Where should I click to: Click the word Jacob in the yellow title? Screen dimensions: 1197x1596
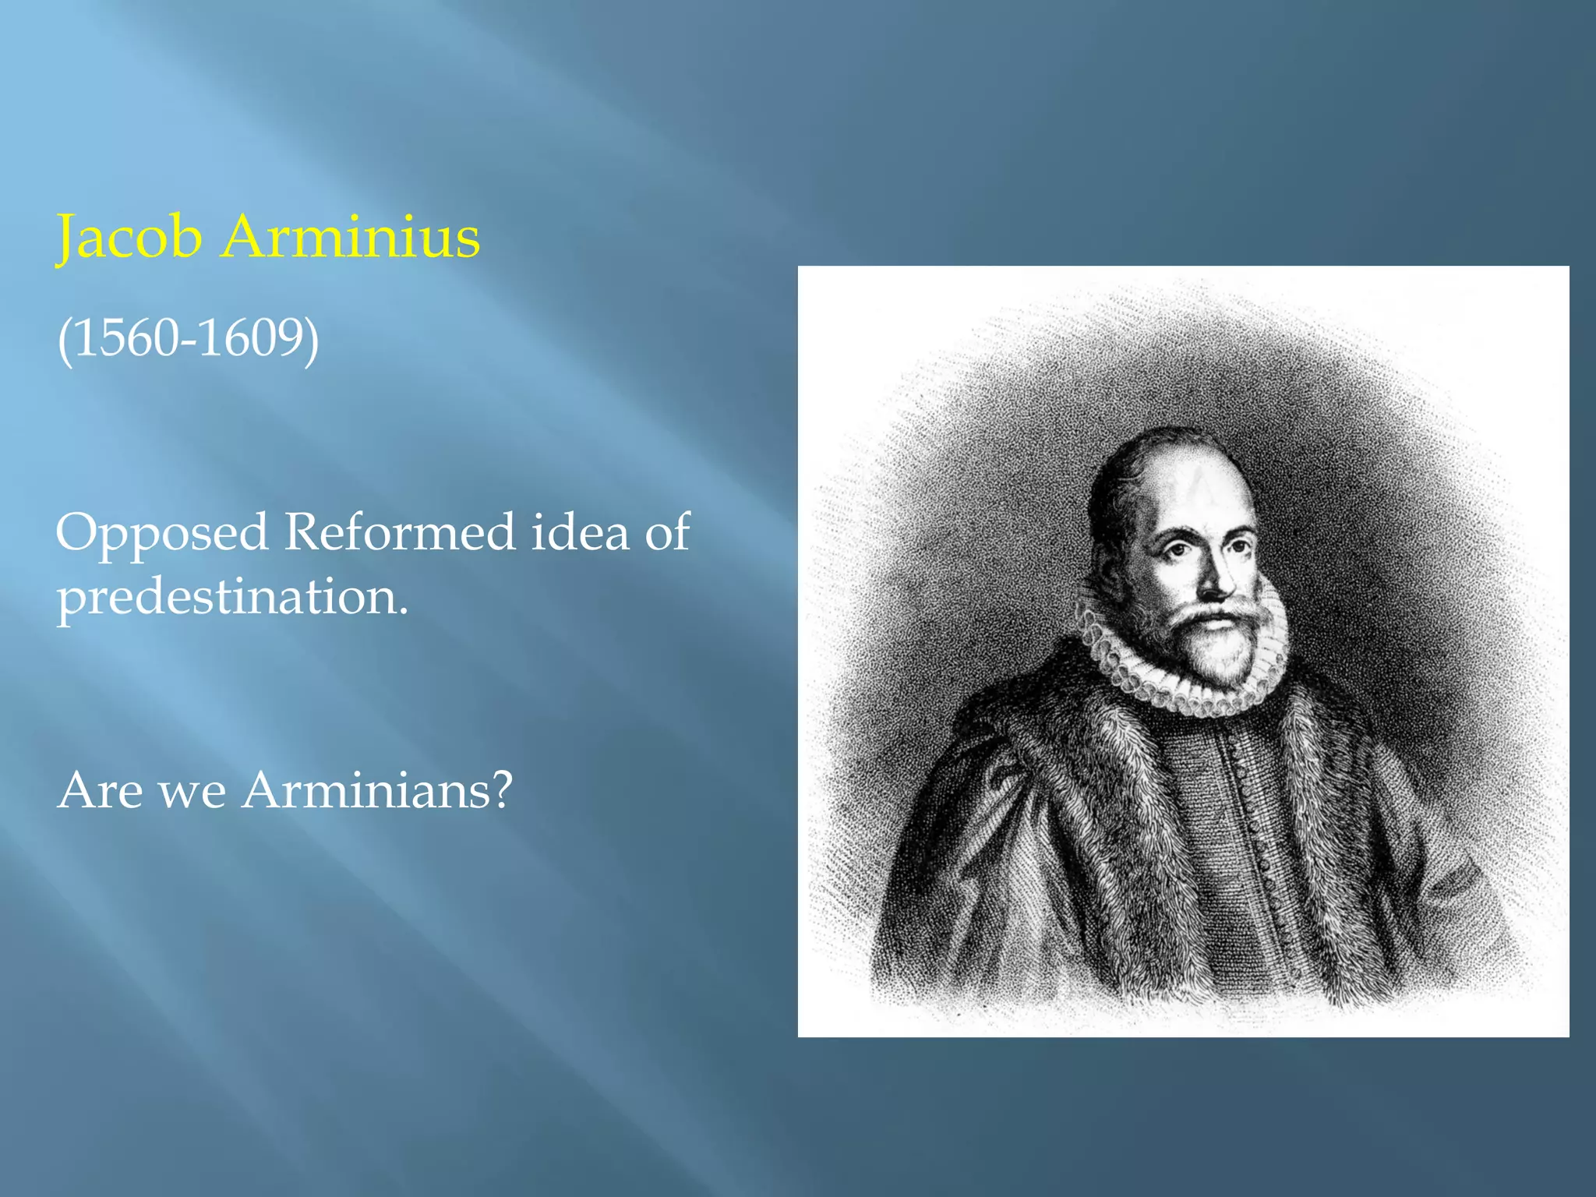click(129, 237)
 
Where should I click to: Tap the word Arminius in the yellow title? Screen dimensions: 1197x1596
click(351, 237)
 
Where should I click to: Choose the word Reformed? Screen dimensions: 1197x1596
click(399, 532)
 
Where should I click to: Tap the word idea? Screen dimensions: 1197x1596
click(580, 532)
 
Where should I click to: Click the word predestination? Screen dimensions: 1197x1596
click(232, 598)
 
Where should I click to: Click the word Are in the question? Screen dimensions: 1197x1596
click(101, 790)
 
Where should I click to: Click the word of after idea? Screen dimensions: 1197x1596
click(667, 532)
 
